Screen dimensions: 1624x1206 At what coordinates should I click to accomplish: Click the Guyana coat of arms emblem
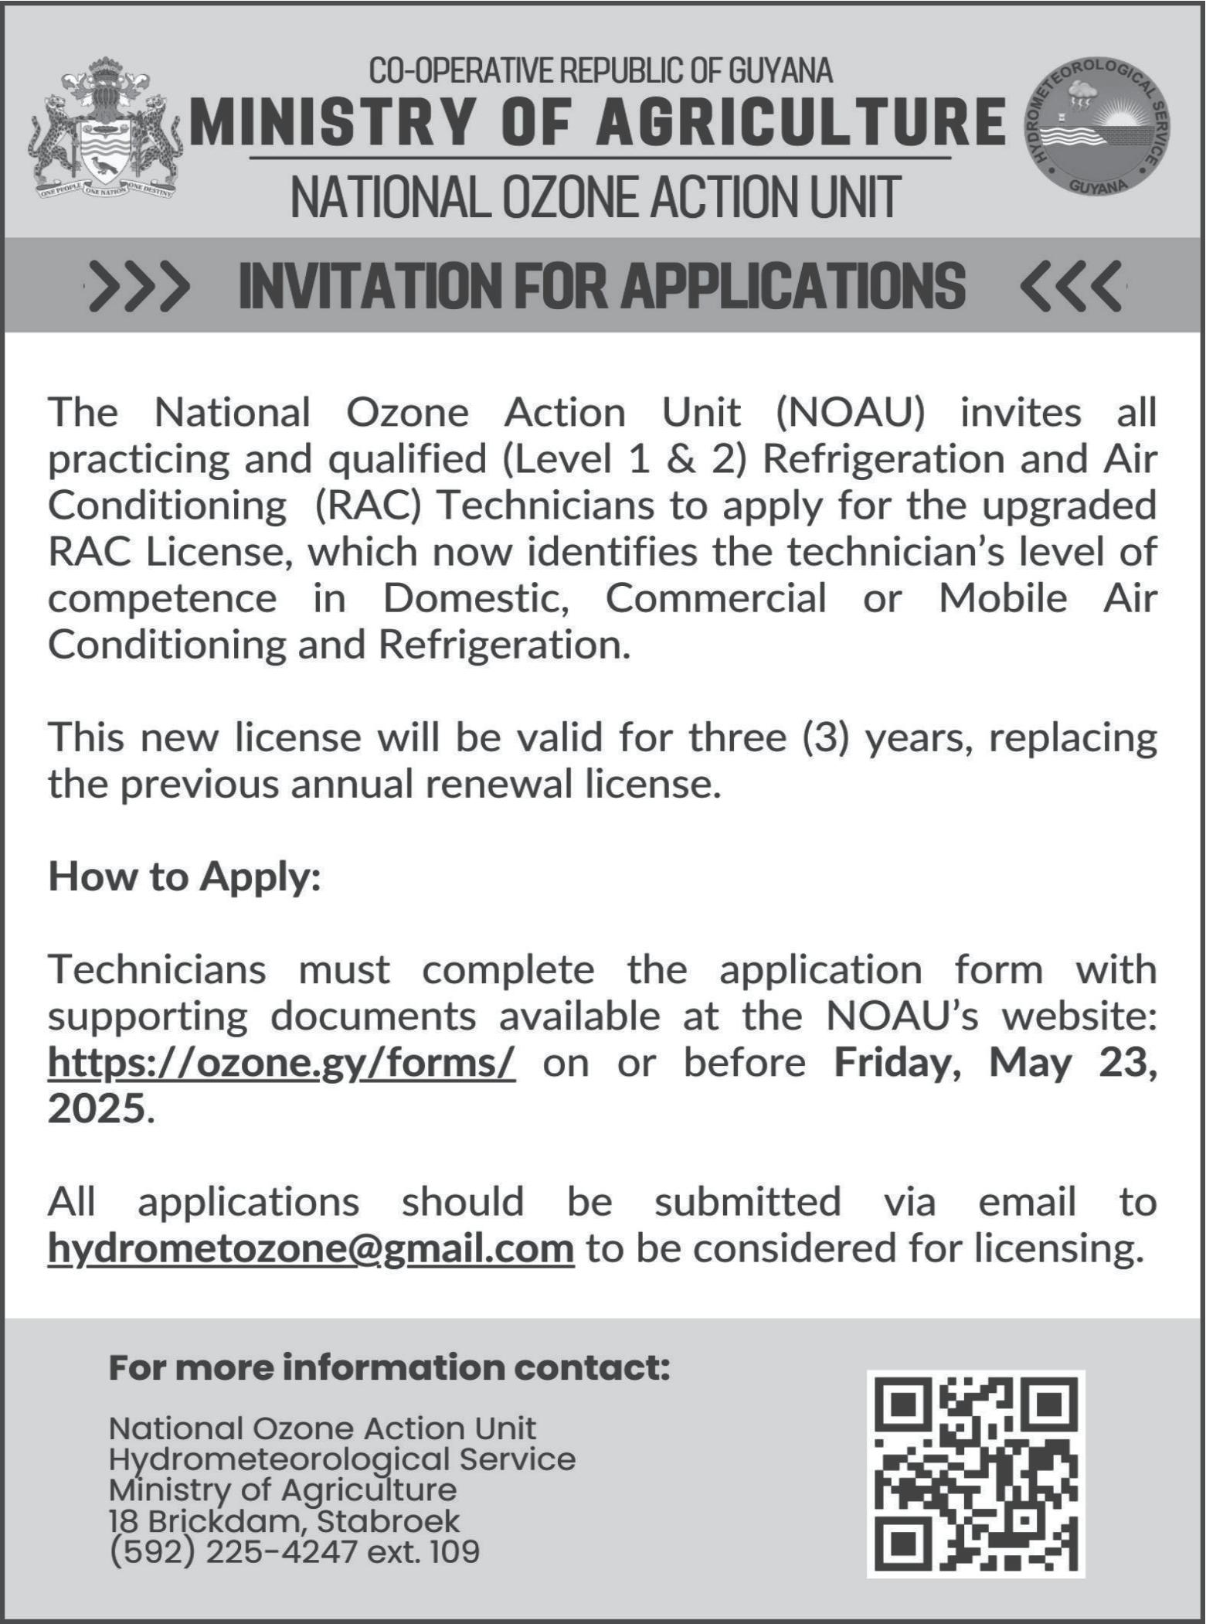tap(106, 130)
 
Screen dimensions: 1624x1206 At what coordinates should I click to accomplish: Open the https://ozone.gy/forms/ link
tap(281, 1062)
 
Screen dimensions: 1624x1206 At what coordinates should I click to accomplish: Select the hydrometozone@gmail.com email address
tap(311, 1248)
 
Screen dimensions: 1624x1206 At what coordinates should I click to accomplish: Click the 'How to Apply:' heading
tap(184, 877)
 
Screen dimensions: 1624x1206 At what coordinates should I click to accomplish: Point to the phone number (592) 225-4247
tap(234, 1551)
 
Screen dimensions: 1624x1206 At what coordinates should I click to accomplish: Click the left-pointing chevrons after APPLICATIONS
tap(1071, 286)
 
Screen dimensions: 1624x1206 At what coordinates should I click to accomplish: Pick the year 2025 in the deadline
tap(97, 1108)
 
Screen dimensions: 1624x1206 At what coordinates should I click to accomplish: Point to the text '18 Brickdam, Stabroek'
tap(284, 1520)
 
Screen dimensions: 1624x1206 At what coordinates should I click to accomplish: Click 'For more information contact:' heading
tap(389, 1367)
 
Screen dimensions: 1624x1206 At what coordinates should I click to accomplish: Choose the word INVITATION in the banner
tap(368, 286)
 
